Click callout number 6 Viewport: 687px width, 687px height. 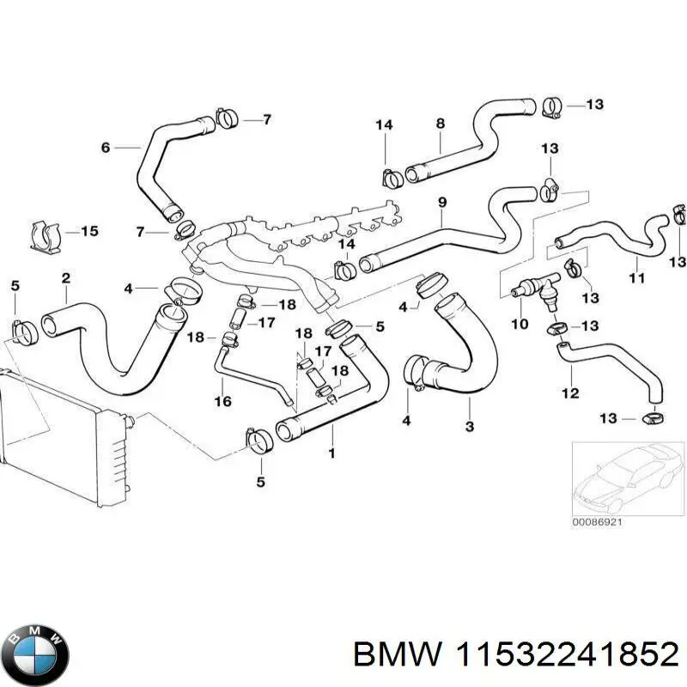coord(106,148)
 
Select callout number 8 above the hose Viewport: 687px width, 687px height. coord(440,124)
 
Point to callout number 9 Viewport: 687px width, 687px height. coord(442,203)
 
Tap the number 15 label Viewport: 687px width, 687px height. coord(89,231)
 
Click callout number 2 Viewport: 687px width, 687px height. coord(66,277)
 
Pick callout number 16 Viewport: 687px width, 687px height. coord(223,401)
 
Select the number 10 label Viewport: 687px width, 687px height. coord(520,324)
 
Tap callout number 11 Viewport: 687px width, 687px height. coord(636,277)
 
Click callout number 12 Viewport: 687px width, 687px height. coord(571,394)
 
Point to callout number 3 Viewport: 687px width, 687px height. coord(469,427)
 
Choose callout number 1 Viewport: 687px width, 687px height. coord(331,451)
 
